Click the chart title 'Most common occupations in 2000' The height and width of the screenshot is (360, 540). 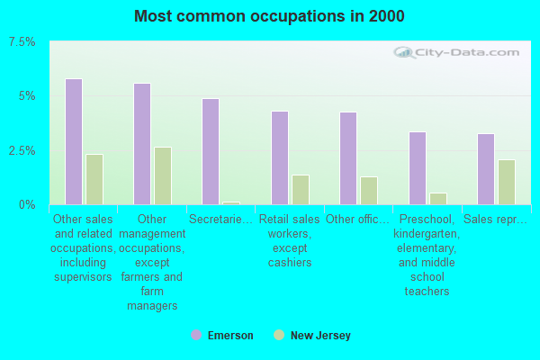tap(269, 16)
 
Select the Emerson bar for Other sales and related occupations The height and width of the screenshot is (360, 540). tap(74, 142)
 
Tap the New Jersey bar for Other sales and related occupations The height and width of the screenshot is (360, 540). tap(94, 179)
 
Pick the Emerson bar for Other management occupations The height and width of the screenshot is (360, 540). tap(142, 144)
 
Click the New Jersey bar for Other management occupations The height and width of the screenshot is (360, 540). tap(163, 176)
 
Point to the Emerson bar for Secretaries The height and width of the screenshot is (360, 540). tap(211, 152)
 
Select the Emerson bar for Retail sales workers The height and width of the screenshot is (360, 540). tap(280, 158)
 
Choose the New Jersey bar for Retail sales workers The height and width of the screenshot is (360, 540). tap(301, 190)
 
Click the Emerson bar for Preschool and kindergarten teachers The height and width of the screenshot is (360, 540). tap(418, 168)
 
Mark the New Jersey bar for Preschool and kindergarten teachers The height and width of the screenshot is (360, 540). tap(438, 199)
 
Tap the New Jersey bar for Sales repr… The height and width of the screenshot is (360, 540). tap(507, 182)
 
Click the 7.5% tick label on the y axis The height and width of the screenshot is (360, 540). tap(22, 42)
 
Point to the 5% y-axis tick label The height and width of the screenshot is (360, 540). tap(27, 96)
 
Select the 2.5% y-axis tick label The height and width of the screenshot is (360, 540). tap(22, 150)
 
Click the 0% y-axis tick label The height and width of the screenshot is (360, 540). tap(27, 205)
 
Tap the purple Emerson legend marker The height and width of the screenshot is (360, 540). tap(196, 335)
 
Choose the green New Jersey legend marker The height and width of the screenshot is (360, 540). tap(279, 335)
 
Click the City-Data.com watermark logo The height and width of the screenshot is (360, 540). tap(456, 53)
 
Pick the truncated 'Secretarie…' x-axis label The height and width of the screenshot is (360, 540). tap(220, 219)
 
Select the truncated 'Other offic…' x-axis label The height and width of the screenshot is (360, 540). tap(357, 219)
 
